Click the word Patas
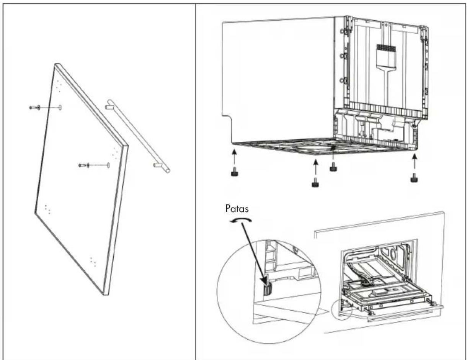tap(237, 209)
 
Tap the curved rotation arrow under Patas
tap(241, 220)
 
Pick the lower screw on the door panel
tap(84, 165)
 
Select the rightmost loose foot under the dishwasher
tap(414, 178)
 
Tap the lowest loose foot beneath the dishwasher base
tap(315, 184)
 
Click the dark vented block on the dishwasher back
tap(386, 48)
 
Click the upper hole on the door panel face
tap(60, 107)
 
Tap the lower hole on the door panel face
tap(108, 165)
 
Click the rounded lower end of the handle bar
tap(167, 170)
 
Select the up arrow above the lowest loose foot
tap(315, 168)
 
